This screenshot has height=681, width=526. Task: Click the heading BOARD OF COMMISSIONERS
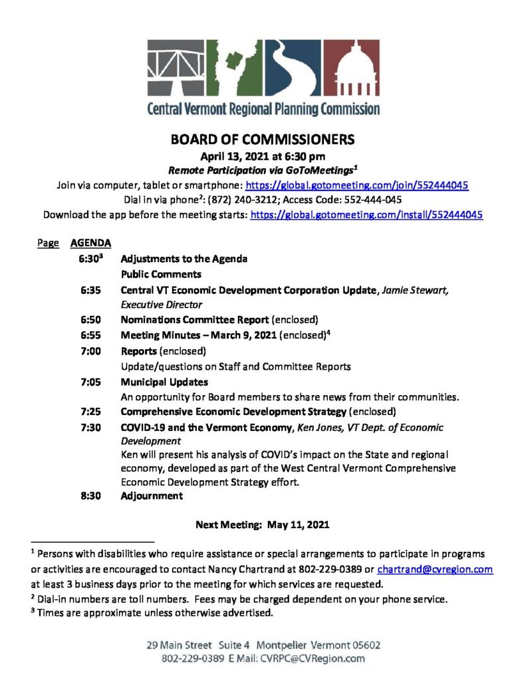[263, 140]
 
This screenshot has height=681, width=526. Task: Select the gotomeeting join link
[357, 186]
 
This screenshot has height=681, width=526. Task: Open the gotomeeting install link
[366, 215]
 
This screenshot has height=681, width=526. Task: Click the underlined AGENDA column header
[86, 243]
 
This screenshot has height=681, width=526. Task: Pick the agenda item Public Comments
[161, 274]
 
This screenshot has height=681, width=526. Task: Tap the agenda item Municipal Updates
[164, 382]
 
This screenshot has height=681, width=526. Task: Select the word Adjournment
[152, 495]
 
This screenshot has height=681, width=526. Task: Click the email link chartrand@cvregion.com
[435, 569]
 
